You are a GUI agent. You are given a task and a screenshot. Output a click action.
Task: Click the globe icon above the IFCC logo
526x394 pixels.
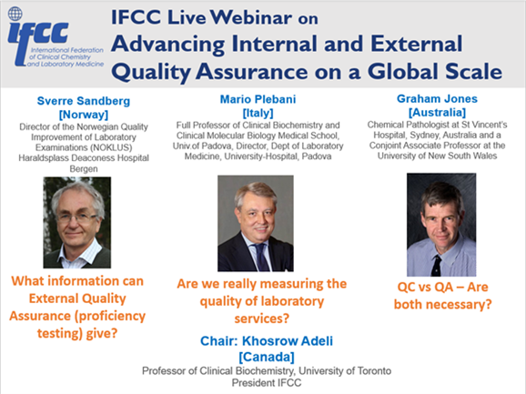(15, 14)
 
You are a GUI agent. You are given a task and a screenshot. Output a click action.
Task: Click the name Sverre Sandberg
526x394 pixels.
(84, 101)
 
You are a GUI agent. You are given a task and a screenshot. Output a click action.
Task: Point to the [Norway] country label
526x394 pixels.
(84, 115)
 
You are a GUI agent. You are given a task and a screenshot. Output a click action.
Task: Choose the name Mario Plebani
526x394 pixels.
(258, 99)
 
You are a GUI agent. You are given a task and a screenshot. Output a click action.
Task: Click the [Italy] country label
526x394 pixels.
(258, 113)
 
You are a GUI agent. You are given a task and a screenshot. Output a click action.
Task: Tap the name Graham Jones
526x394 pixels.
(437, 98)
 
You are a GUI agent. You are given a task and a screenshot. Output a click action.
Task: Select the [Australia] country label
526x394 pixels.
(437, 112)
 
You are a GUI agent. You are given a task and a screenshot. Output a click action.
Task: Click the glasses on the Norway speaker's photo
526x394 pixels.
(76, 218)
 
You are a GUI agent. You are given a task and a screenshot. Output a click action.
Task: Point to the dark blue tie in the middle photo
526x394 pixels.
(260, 258)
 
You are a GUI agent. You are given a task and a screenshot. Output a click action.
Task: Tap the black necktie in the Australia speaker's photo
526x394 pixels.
(436, 266)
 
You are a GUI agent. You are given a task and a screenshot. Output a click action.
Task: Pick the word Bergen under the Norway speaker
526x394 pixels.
(84, 168)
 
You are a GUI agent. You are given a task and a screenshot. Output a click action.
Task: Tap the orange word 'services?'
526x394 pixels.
(262, 318)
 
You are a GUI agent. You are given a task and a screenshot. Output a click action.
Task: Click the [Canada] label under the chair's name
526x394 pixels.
(267, 357)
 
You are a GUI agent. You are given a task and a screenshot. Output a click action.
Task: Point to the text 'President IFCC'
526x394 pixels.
(267, 382)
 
